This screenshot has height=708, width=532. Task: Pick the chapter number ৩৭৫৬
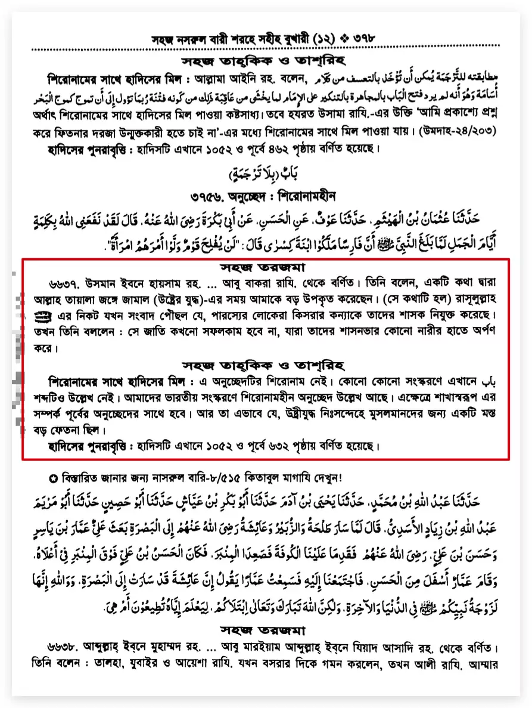[x=206, y=196]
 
